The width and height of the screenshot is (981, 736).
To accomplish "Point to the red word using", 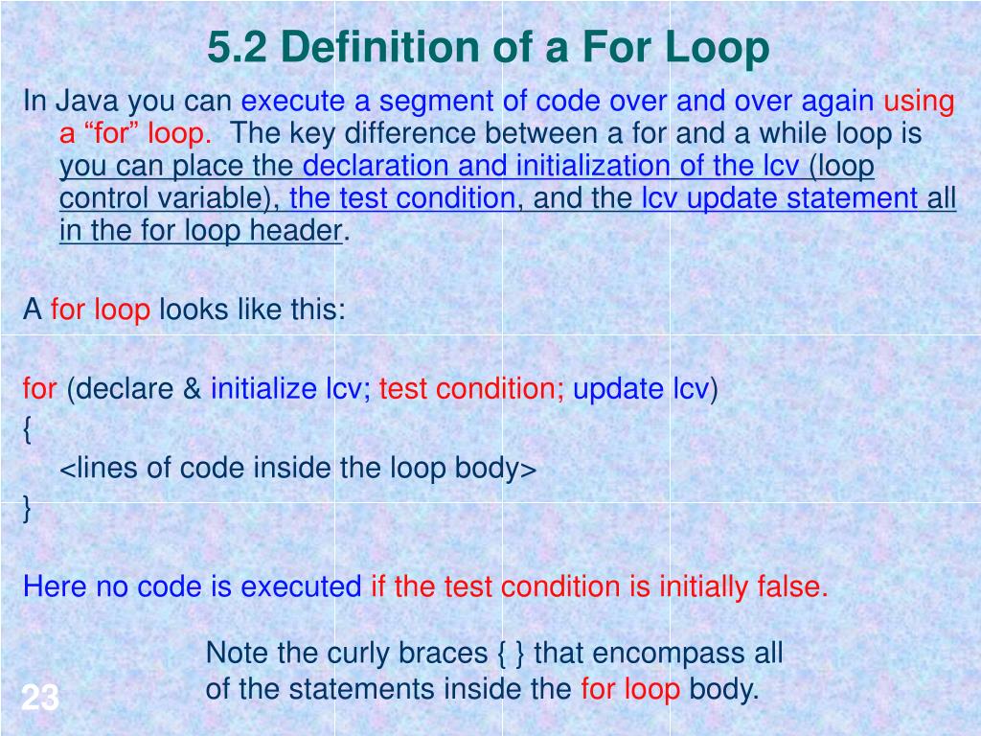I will click(x=919, y=102).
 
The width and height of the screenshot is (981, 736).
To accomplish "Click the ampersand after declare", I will click(x=193, y=389).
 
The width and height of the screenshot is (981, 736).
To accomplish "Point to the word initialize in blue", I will click(x=263, y=389).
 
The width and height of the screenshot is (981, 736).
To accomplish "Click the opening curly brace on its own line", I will click(x=28, y=430).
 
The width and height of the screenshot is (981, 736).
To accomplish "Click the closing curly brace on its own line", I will click(x=28, y=509).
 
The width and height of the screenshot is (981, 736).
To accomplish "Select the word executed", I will click(x=301, y=586).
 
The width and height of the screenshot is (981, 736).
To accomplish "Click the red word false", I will click(x=791, y=586).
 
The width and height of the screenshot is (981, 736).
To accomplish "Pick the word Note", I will click(x=238, y=654).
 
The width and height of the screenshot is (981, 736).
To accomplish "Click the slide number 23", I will click(x=40, y=699).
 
